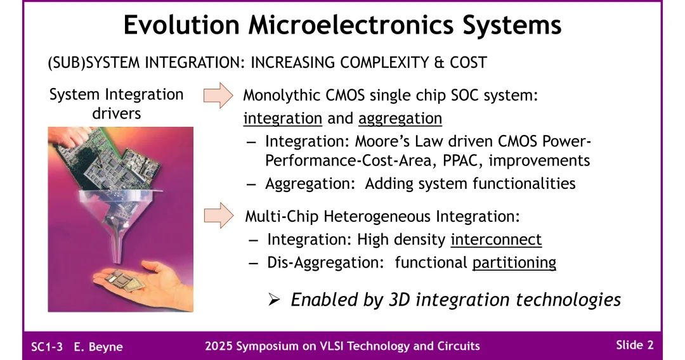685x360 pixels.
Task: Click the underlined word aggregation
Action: point(400,119)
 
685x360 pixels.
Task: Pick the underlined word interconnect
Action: point(496,240)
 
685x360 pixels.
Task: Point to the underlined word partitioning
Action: point(514,262)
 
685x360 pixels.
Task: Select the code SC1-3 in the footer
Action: point(47,347)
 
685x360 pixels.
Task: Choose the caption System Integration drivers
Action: point(116,104)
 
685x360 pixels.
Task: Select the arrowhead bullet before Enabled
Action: point(274,300)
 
